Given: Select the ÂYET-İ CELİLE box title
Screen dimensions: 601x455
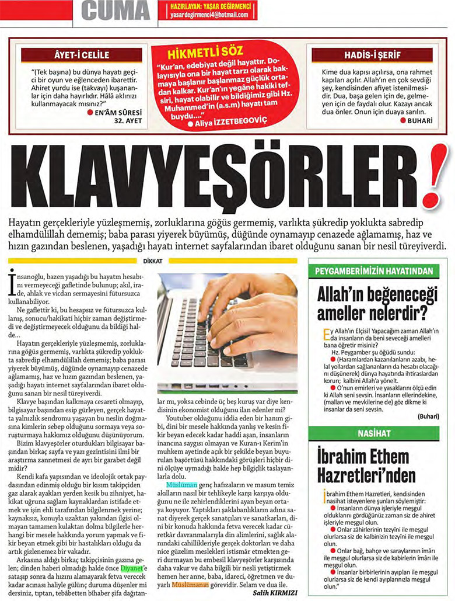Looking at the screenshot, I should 81,55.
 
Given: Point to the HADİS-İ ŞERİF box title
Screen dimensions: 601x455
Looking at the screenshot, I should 372,55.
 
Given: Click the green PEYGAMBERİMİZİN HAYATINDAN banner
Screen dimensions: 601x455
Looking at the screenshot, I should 374,271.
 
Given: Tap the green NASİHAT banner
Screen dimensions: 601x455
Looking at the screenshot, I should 374,432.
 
